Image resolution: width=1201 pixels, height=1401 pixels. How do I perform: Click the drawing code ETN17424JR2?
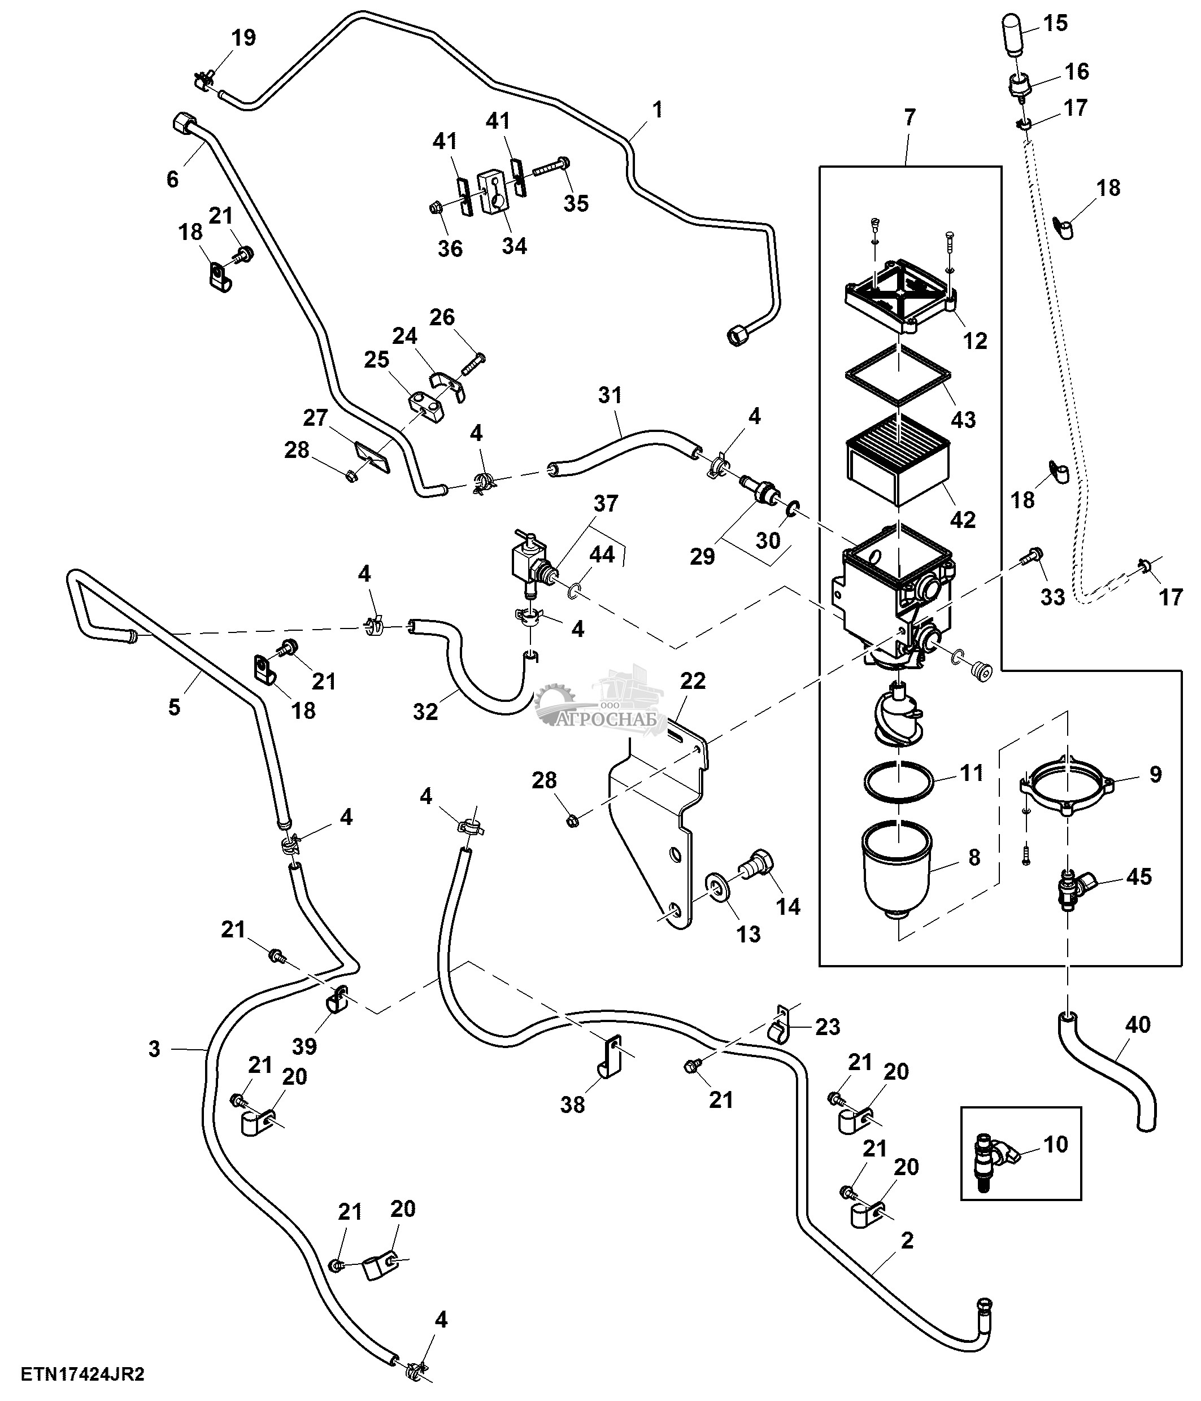coord(82,1374)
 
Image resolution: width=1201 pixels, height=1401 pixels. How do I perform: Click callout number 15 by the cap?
coord(1055,23)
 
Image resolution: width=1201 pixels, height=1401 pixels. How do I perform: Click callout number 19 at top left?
coord(243,38)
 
